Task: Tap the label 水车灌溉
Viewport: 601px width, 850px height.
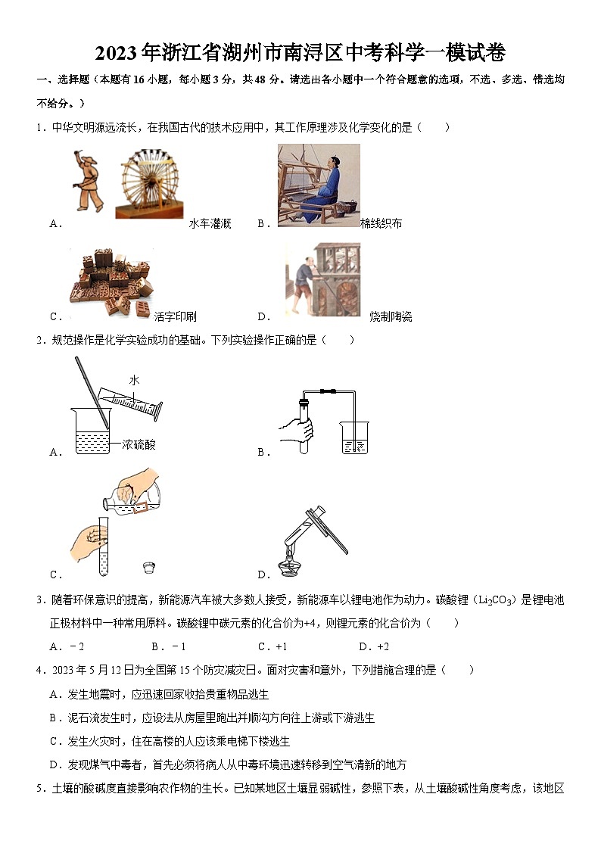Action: [x=210, y=223]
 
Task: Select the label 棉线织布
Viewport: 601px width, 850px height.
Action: [x=381, y=223]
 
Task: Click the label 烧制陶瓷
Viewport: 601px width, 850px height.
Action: [x=391, y=316]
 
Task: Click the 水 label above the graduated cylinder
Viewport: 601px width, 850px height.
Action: [x=134, y=381]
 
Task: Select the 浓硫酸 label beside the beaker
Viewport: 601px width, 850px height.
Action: [x=139, y=445]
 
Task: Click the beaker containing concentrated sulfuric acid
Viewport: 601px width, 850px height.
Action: [x=92, y=431]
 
